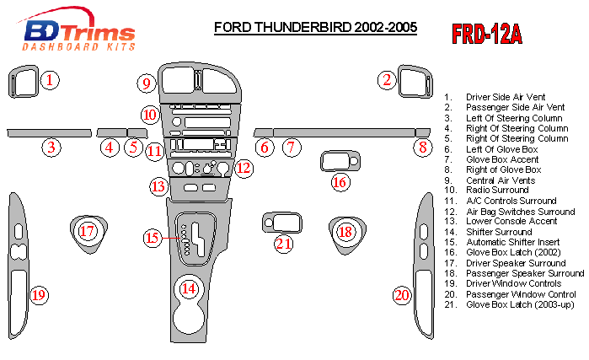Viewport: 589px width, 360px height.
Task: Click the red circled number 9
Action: pyautogui.click(x=147, y=83)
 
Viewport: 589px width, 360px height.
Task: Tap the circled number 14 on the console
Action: pyautogui.click(x=190, y=288)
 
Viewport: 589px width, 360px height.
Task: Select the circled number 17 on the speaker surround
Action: pyautogui.click(x=87, y=231)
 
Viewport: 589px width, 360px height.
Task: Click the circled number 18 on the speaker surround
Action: pyautogui.click(x=345, y=232)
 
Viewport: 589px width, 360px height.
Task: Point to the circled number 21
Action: pyautogui.click(x=284, y=244)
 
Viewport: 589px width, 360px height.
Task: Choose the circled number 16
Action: pyautogui.click(x=340, y=181)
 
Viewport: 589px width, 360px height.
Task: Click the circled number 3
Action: pyautogui.click(x=52, y=148)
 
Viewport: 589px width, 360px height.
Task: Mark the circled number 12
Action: pyautogui.click(x=244, y=169)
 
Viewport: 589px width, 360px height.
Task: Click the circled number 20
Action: pyautogui.click(x=403, y=294)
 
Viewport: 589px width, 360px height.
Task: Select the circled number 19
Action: pyautogui.click(x=39, y=294)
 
